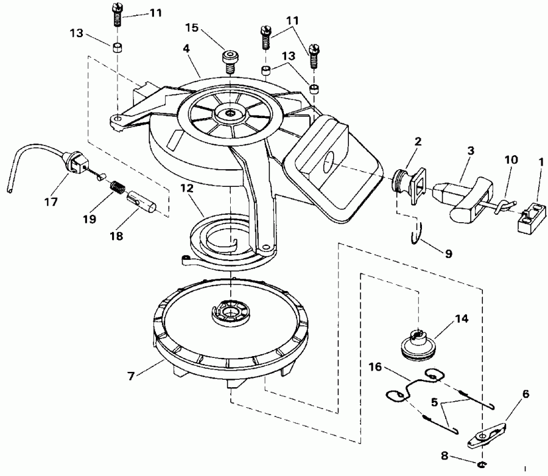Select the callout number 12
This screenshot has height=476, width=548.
click(187, 189)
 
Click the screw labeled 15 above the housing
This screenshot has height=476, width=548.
click(230, 60)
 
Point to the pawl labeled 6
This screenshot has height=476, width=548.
click(490, 433)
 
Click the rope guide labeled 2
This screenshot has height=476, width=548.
click(407, 184)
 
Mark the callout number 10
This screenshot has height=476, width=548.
click(511, 160)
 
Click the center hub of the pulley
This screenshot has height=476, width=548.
click(230, 312)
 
